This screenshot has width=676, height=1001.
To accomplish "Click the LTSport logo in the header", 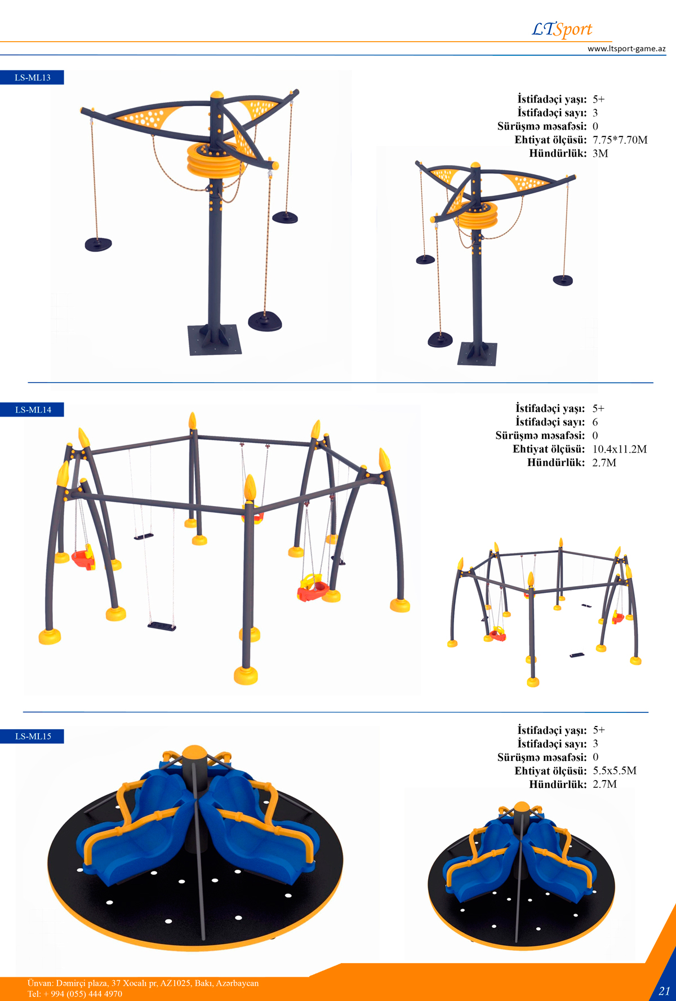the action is click(562, 29).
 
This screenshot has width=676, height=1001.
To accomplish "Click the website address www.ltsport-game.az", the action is click(626, 48).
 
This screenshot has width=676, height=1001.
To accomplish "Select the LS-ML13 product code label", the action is click(32, 77).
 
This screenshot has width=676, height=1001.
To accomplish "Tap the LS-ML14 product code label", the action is click(32, 410).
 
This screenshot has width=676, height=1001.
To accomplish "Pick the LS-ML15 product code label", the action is click(32, 736).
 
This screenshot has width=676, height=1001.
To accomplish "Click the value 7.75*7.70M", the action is click(620, 140).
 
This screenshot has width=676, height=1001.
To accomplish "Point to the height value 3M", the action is click(600, 153).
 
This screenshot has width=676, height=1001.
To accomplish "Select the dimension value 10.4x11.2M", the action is click(619, 449).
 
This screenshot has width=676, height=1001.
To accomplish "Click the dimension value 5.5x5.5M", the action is click(615, 770).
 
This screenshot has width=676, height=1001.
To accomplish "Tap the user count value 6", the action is click(595, 422).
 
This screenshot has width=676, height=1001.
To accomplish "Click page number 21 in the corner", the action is click(664, 990).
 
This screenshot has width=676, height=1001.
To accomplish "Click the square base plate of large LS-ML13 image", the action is click(215, 340).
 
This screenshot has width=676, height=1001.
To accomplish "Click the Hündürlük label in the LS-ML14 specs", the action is click(556, 463).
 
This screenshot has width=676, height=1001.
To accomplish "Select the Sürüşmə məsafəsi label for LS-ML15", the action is click(542, 757).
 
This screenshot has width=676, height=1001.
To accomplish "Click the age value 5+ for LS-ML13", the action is click(598, 99).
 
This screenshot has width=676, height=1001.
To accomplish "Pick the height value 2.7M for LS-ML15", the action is click(604, 784).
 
